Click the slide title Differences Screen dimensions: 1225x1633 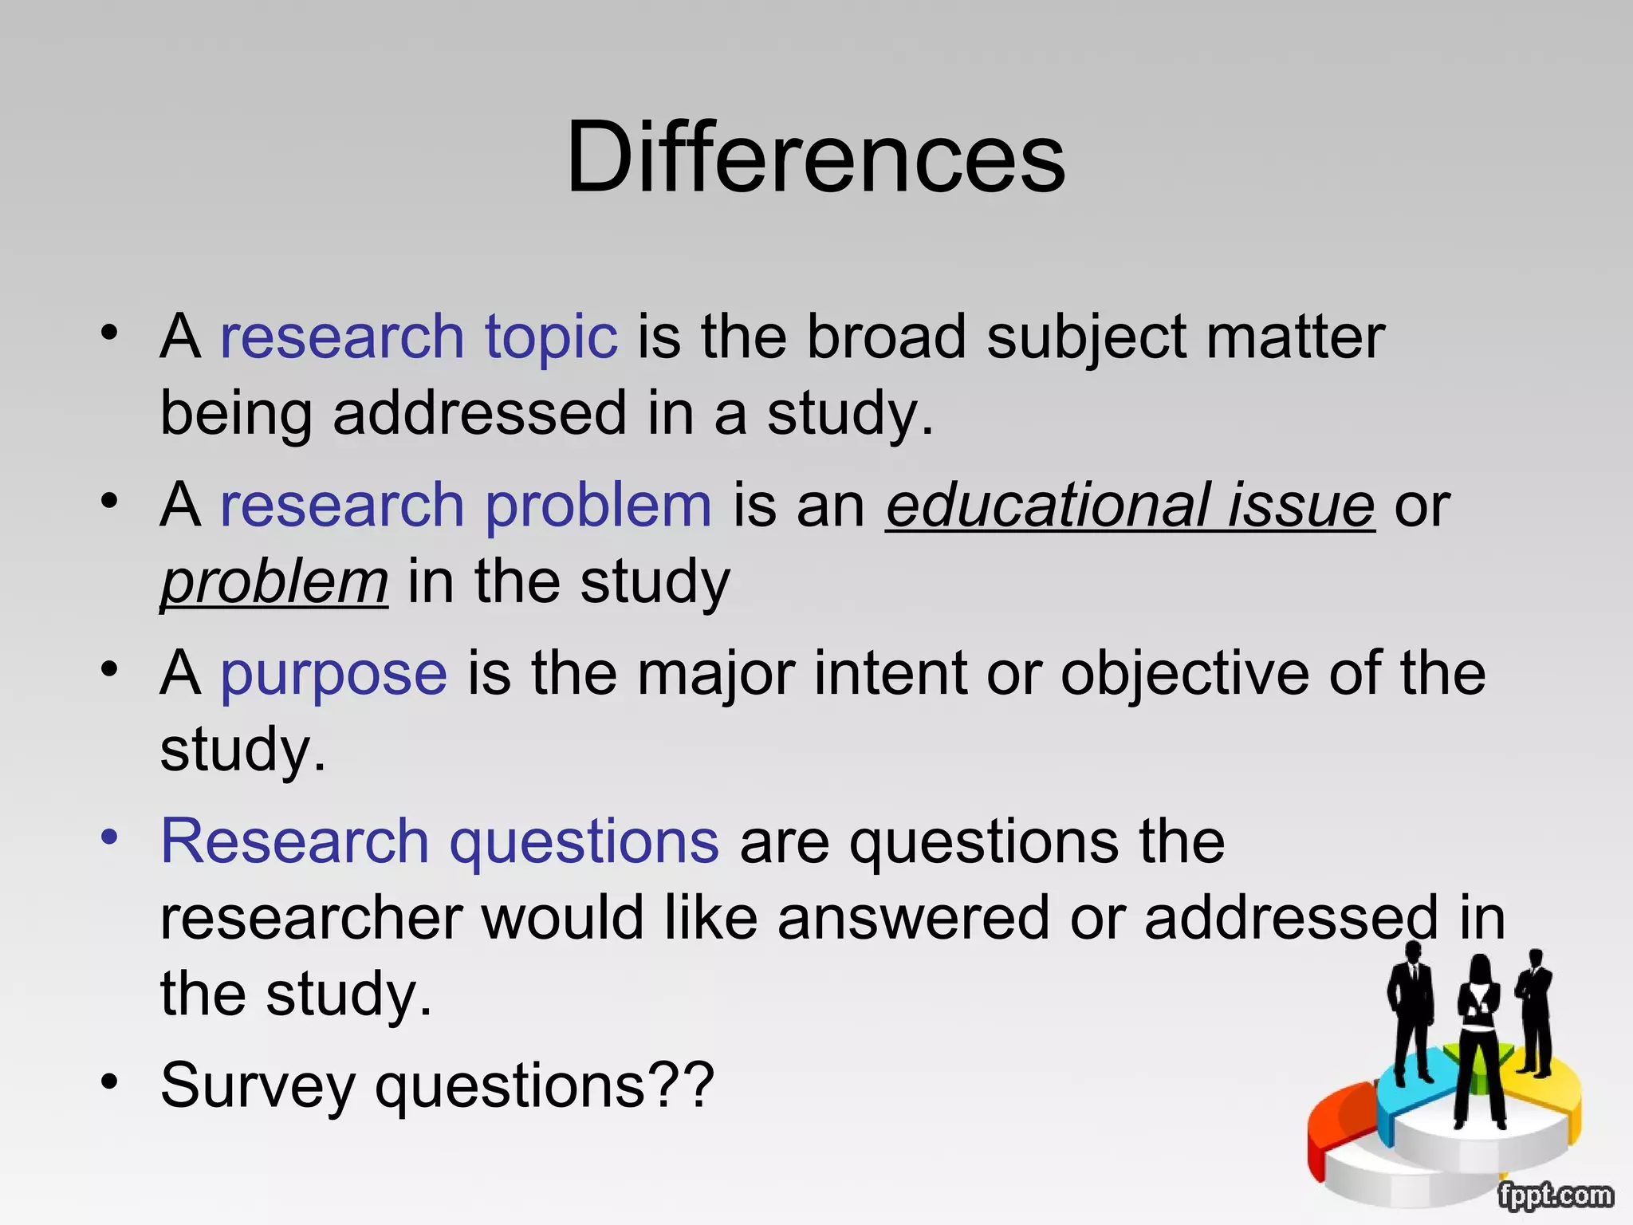click(815, 156)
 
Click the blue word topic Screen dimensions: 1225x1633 click(551, 337)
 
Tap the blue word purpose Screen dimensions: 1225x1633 click(333, 674)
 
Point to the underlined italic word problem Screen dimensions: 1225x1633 click(274, 582)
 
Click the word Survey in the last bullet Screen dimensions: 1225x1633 click(258, 1086)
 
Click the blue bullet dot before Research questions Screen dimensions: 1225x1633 click(109, 837)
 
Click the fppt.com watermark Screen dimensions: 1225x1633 click(1555, 1195)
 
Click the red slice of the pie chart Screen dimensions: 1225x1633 click(1340, 1125)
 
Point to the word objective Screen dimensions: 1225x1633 click(1185, 674)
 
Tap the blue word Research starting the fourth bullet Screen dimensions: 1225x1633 click(295, 842)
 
